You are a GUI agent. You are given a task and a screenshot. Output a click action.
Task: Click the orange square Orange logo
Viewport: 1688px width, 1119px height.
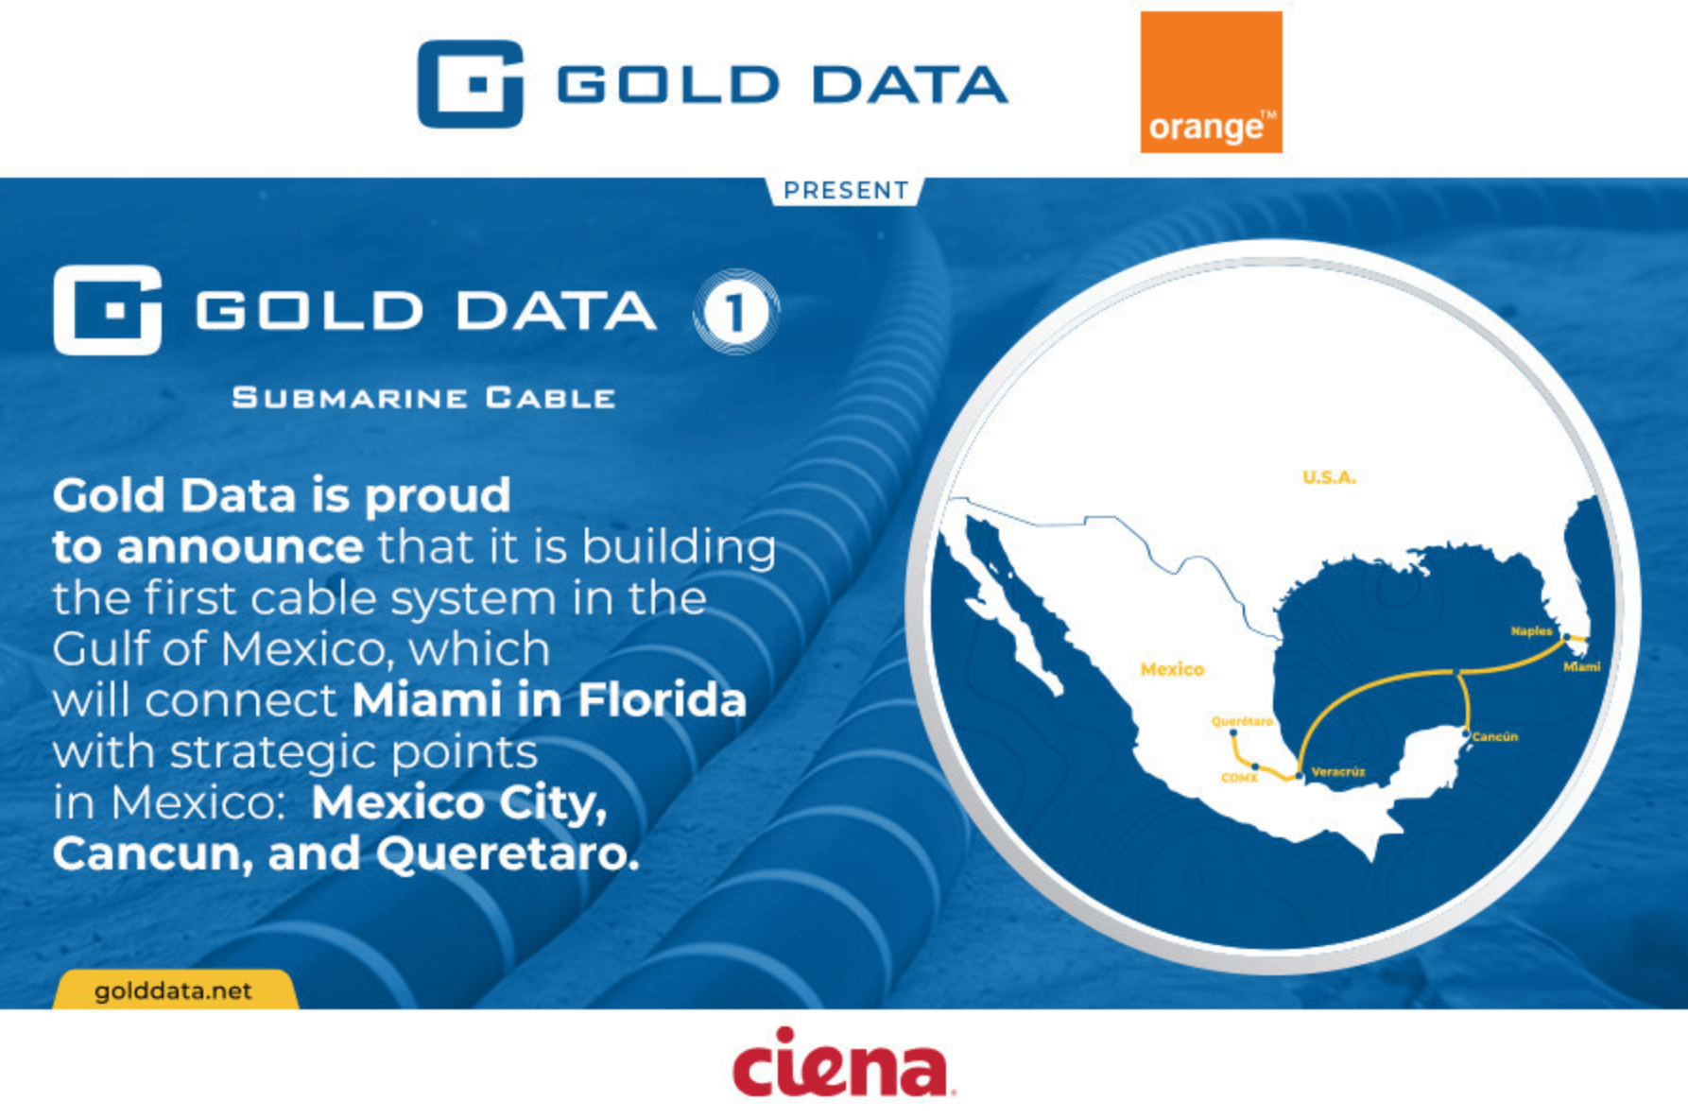click(1211, 82)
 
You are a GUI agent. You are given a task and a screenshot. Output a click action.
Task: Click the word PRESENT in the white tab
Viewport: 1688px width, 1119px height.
click(846, 191)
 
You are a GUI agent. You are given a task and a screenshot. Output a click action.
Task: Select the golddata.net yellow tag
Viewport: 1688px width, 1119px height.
click(174, 990)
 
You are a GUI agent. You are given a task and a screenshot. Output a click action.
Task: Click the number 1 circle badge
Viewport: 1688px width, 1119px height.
click(736, 312)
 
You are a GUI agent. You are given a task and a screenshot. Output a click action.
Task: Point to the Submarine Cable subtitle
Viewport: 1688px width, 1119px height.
click(423, 398)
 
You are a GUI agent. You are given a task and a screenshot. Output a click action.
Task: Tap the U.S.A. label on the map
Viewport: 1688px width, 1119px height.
click(1329, 477)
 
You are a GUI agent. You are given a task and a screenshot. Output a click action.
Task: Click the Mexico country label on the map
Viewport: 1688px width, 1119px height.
click(1172, 669)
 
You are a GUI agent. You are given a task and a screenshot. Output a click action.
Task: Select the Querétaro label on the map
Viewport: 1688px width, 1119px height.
click(1242, 721)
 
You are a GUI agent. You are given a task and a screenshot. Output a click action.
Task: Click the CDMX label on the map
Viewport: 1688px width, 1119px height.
click(1238, 778)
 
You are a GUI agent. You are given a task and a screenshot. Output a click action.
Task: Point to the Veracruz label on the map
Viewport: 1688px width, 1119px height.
click(1338, 772)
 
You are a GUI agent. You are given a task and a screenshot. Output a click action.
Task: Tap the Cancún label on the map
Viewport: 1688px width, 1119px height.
click(1495, 736)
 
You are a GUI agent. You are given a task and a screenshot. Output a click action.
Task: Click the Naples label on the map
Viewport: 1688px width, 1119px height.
click(1531, 630)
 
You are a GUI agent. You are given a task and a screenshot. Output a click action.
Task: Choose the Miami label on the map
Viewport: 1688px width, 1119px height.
click(1581, 667)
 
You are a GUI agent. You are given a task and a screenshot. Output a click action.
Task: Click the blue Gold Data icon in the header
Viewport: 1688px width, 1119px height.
click(470, 84)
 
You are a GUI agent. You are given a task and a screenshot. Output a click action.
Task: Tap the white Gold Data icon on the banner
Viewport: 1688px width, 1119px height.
click(108, 310)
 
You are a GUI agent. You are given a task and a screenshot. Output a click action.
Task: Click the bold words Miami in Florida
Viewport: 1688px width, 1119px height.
click(549, 700)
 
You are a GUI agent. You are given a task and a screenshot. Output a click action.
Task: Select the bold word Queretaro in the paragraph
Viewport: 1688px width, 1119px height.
click(508, 853)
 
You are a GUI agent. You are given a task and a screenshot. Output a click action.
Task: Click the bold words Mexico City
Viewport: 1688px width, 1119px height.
click(459, 802)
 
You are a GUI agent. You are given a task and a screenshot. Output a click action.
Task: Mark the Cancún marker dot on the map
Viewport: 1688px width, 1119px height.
click(1466, 732)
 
